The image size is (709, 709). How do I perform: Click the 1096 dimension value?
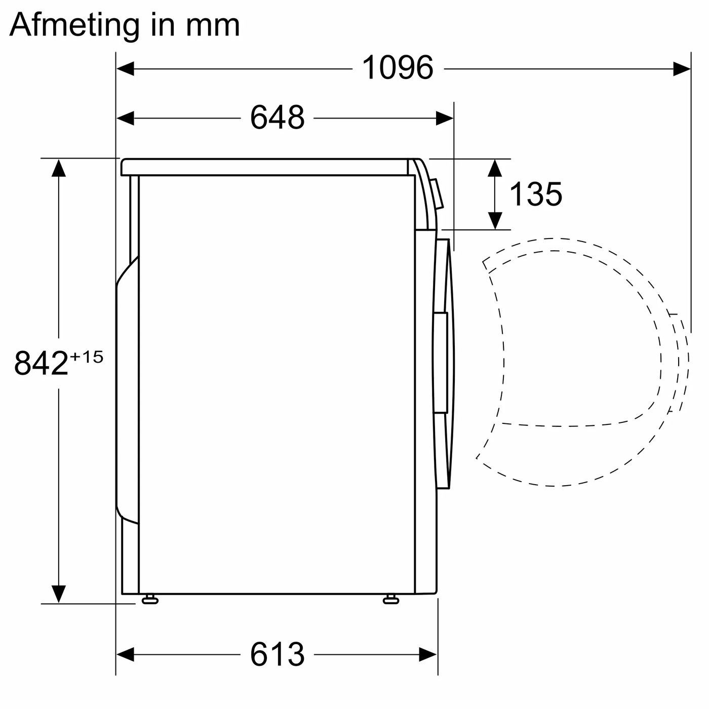click(398, 68)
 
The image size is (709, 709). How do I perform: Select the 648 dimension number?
click(277, 118)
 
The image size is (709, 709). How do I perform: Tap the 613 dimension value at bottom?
click(277, 654)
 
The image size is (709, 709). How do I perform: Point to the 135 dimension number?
click(535, 194)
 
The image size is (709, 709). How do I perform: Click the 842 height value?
click(41, 363)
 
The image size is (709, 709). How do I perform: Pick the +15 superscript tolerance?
click(87, 357)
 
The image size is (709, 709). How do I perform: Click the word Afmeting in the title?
click(74, 24)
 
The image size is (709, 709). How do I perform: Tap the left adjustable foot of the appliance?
click(150, 600)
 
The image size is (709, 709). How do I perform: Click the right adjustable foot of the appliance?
click(391, 600)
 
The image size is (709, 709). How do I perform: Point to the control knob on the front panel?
click(437, 193)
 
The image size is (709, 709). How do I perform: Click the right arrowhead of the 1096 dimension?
click(682, 68)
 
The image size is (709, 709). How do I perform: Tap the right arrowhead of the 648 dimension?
click(445, 119)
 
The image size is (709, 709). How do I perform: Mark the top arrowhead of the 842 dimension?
click(59, 168)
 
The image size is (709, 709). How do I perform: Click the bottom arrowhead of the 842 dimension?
click(59, 594)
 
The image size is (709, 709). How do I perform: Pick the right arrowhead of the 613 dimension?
click(428, 654)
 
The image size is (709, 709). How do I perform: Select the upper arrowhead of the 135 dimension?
click(495, 168)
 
